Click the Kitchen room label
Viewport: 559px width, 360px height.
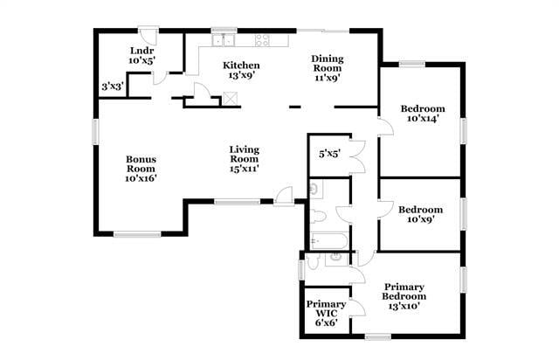240,71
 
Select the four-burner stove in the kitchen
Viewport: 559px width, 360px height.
261,39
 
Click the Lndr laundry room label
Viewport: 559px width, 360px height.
141,56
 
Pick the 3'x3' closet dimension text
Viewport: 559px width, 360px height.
112,87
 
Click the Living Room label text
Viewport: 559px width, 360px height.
245,158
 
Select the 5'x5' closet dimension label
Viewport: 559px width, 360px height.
329,154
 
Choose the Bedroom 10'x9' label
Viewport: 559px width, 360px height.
420,215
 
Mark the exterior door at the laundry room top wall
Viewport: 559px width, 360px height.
149,38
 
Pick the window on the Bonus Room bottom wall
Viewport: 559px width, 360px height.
137,232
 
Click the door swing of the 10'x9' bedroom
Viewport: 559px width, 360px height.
385,208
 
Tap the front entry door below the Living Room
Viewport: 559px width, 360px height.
284,197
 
